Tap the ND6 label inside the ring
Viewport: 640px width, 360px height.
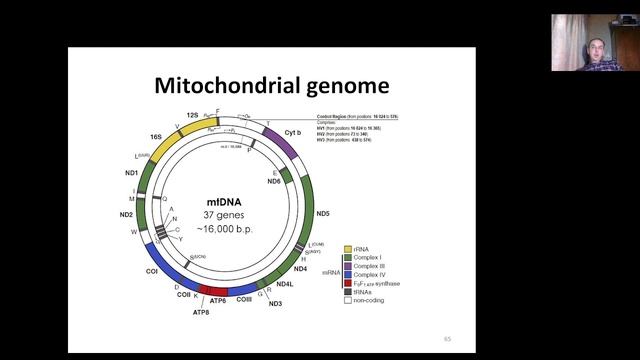(x=274, y=181)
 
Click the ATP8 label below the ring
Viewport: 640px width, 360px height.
(x=200, y=312)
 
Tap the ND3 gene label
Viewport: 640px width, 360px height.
(x=275, y=302)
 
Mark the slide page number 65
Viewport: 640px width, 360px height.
(x=448, y=339)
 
